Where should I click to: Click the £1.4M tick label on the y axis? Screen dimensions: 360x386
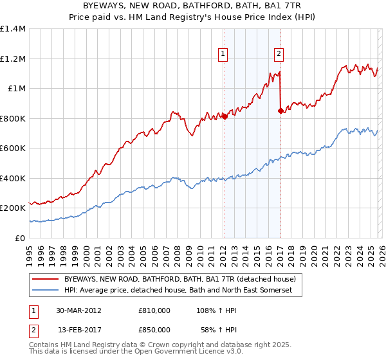click(x=13, y=29)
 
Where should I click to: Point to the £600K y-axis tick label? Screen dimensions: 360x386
click(x=13, y=148)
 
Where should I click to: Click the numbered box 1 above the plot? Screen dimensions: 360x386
click(x=223, y=55)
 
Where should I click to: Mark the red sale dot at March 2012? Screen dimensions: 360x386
click(x=225, y=117)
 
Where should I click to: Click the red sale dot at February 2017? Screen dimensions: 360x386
click(x=280, y=111)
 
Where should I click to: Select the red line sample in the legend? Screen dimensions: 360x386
click(x=45, y=279)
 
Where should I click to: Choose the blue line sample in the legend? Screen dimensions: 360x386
click(x=45, y=291)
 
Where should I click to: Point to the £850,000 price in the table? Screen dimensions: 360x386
click(x=154, y=329)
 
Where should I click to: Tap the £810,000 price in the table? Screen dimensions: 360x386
click(x=154, y=310)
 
